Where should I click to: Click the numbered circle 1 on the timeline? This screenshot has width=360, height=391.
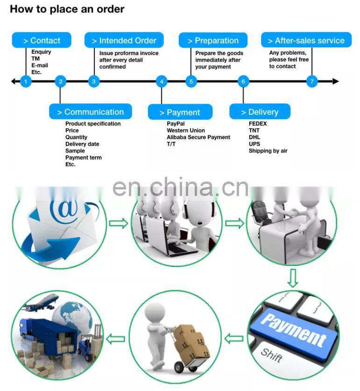coord(26,82)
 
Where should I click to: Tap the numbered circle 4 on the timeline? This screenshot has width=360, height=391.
coord(162,82)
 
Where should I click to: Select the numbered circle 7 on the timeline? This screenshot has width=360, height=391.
coord(312,82)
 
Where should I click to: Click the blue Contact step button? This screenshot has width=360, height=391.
coord(42,41)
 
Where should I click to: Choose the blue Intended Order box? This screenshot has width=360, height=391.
coord(124,41)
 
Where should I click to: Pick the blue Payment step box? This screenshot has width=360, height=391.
coord(180,112)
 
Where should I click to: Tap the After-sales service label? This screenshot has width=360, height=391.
coord(306,41)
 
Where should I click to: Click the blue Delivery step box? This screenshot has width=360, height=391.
coord(260,112)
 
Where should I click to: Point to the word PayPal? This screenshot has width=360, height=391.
coord(176,124)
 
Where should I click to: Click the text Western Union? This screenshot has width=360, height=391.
coord(186,131)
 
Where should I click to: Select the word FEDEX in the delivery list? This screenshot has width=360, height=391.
coord(258,124)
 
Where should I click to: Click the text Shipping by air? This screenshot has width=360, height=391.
coord(268,151)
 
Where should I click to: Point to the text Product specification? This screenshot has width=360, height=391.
coord(93,124)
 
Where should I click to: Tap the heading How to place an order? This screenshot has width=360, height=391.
coord(67,9)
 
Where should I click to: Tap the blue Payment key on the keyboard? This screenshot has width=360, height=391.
coord(293,330)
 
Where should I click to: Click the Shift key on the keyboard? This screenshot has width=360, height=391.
coord(272,354)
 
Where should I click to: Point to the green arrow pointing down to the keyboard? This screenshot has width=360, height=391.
coord(292,279)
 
